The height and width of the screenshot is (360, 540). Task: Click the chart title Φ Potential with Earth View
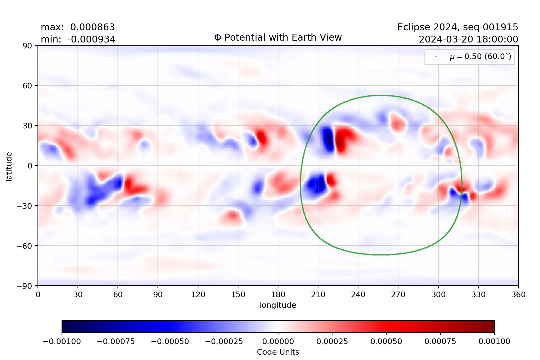pos(278,37)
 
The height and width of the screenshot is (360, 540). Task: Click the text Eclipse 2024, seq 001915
pos(457,27)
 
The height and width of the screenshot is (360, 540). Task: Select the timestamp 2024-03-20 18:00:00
pos(468,39)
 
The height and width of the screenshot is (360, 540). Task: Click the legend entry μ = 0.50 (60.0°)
pos(480,57)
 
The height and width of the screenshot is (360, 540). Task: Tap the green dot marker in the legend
pos(436,57)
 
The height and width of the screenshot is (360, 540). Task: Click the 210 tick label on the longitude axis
pos(318,295)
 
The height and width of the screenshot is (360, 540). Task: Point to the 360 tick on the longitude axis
pos(518,295)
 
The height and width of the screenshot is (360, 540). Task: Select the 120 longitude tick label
pos(198,295)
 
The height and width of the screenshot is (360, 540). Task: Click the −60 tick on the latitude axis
pos(24,246)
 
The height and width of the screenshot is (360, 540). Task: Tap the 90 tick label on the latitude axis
pos(27,46)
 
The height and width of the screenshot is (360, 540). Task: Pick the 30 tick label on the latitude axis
pos(27,126)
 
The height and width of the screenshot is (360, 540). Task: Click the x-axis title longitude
pos(278,305)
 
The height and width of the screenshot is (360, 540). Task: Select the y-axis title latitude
pos(9,166)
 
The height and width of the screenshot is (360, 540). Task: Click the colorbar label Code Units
pos(278,352)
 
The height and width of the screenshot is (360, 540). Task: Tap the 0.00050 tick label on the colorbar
pos(386,342)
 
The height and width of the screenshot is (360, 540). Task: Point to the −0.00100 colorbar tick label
pos(62,342)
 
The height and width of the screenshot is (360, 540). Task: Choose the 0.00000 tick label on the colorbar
pos(278,342)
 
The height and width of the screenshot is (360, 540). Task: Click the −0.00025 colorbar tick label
pos(224,342)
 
